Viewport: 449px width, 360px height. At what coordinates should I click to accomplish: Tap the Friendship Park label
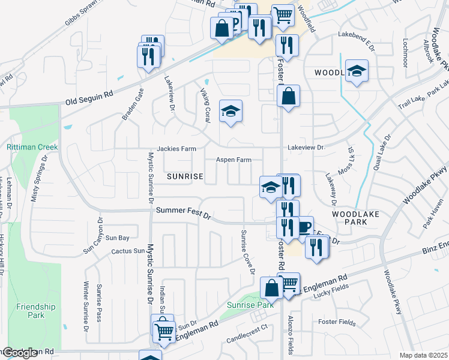pyautogui.click(x=36, y=311)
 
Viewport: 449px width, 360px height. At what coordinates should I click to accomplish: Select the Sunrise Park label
pyautogui.click(x=250, y=305)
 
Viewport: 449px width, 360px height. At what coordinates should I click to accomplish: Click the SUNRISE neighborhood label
pyautogui.click(x=185, y=177)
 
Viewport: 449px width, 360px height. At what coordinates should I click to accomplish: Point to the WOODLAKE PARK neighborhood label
pyautogui.click(x=348, y=218)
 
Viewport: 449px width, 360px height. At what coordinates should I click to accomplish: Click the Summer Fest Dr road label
pyautogui.click(x=184, y=213)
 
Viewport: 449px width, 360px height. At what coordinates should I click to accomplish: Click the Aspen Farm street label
pyautogui.click(x=234, y=160)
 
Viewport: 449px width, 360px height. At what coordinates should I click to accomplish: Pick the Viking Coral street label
pyautogui.click(x=205, y=104)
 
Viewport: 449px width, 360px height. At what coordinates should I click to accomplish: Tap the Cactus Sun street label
pyautogui.click(x=129, y=251)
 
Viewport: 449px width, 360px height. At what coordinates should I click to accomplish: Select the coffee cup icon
pyautogui.click(x=304, y=226)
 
